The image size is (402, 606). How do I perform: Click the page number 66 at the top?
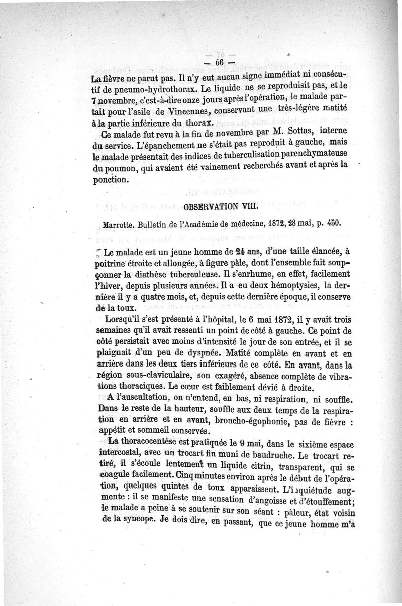(x=219, y=62)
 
